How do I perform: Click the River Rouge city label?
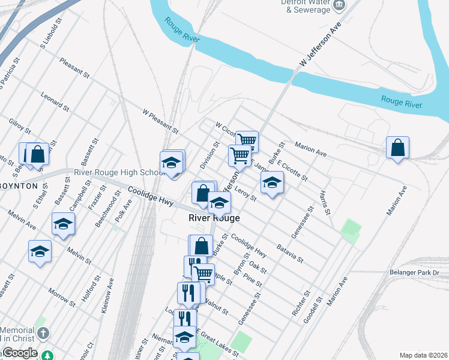(x=214, y=218)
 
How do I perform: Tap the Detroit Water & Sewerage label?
(x=306, y=6)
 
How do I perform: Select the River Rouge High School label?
(x=119, y=173)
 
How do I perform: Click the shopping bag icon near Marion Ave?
(x=397, y=148)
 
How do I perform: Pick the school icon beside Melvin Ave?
(x=63, y=224)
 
